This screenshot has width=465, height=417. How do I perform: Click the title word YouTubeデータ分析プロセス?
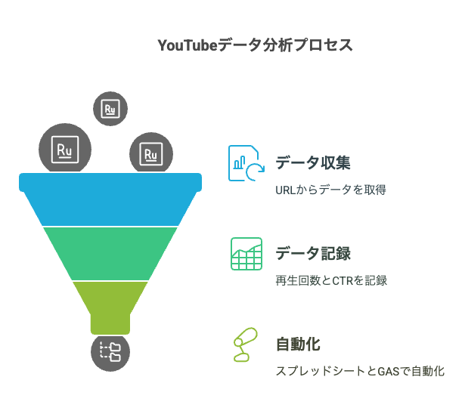[255, 45]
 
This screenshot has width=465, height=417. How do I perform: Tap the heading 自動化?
[297, 344]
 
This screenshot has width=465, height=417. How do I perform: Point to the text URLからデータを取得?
[330, 190]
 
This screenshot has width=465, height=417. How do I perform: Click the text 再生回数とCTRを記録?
[331, 280]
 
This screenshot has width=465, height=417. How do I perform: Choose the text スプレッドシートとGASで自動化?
[359, 372]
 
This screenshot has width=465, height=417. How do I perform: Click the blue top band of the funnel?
[110, 201]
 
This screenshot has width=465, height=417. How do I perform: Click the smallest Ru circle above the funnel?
[110, 109]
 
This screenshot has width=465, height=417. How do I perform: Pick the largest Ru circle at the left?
[65, 149]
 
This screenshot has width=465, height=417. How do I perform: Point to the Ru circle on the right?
[151, 154]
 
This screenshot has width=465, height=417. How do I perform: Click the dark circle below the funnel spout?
[110, 351]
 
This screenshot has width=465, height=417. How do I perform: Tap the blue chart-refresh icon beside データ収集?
[246, 163]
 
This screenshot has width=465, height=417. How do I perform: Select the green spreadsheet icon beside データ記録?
[246, 254]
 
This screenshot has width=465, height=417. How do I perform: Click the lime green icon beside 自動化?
[246, 345]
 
